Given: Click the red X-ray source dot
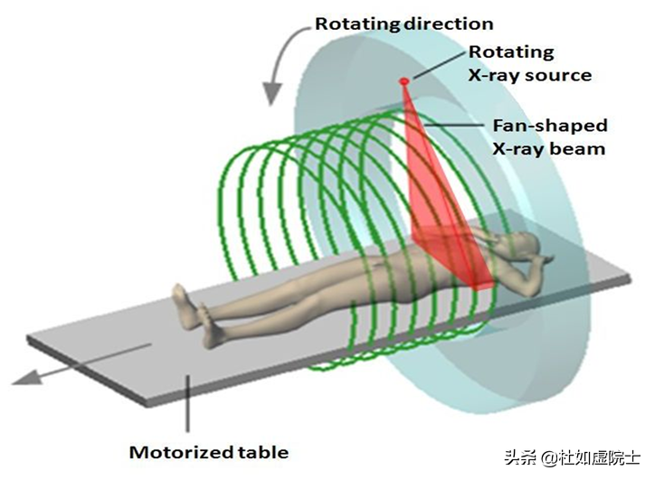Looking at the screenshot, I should (x=404, y=81).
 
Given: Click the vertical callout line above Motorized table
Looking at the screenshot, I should (x=188, y=402).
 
